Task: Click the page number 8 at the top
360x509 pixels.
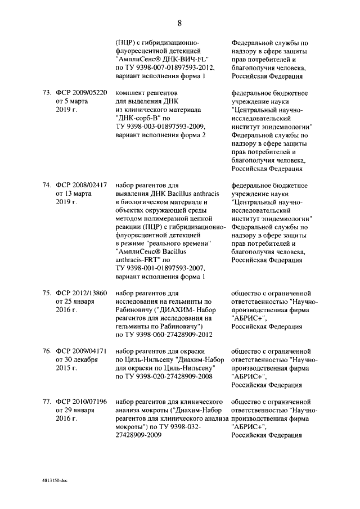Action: [x=179, y=23]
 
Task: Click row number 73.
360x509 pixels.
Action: [x=48, y=93]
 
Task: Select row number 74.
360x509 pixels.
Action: [x=48, y=184]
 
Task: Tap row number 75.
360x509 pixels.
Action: [x=48, y=293]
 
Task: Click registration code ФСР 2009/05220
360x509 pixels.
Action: [x=82, y=93]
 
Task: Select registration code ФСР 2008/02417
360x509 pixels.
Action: [x=82, y=184]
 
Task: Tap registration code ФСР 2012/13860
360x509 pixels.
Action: [x=82, y=293]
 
